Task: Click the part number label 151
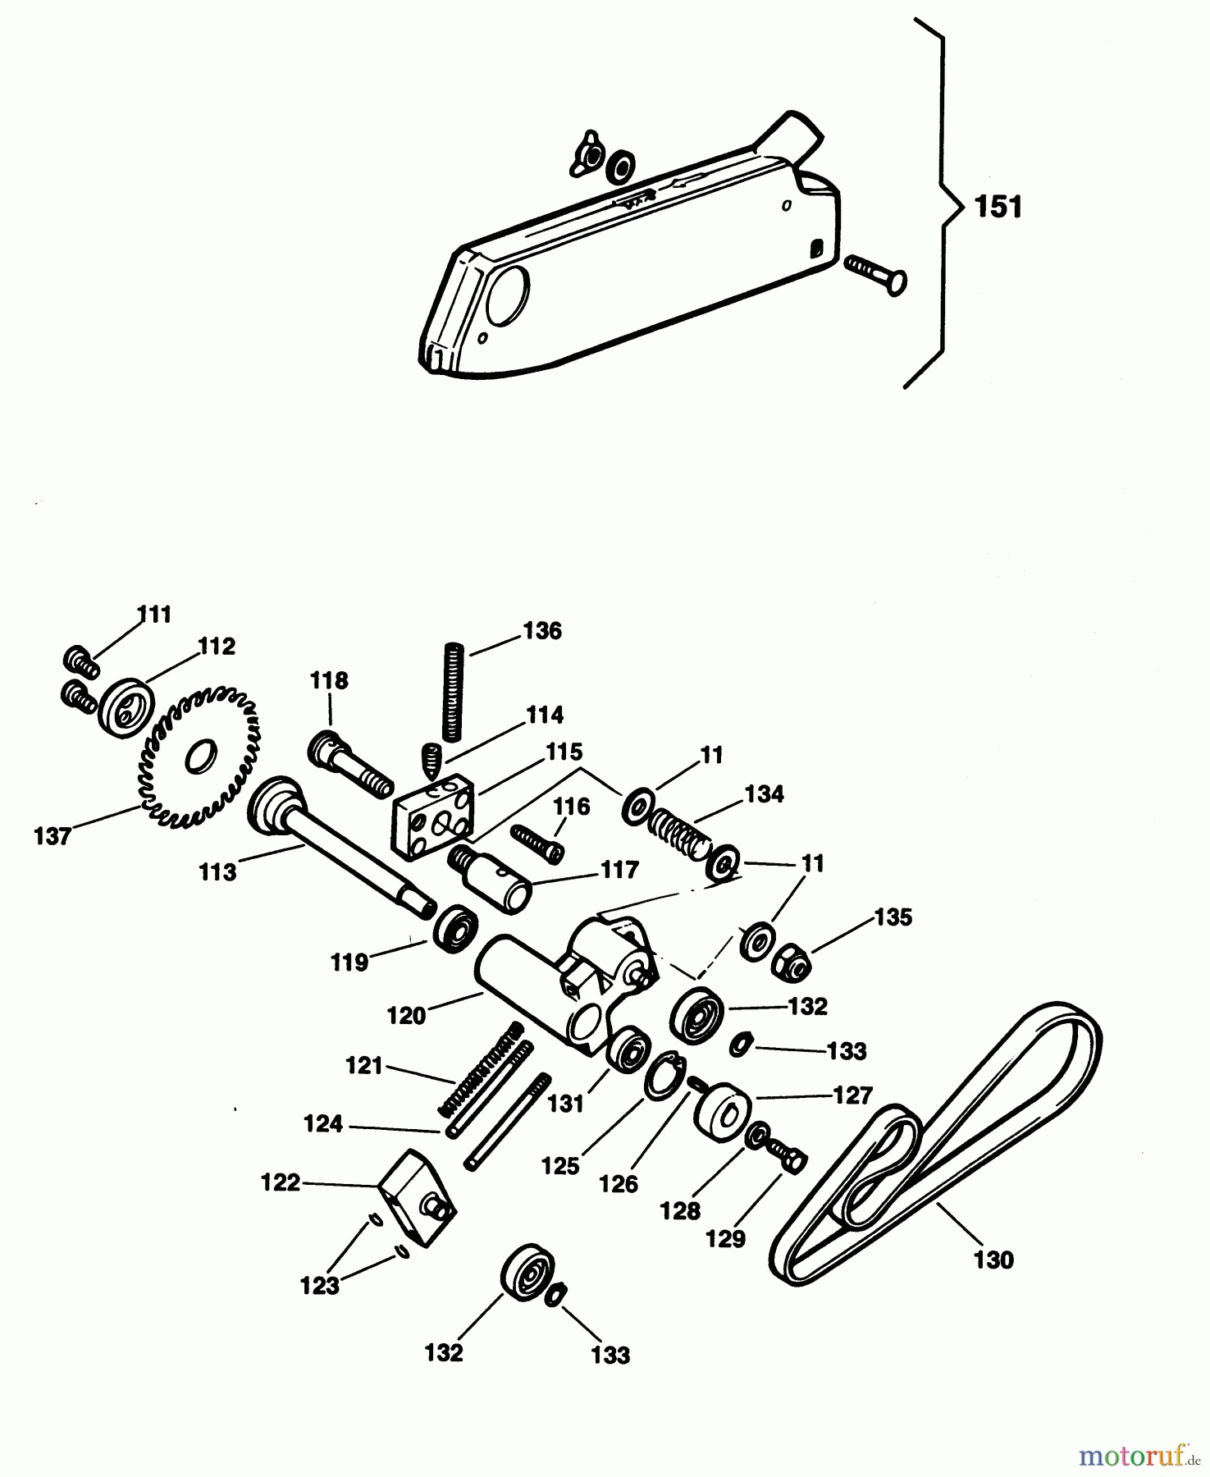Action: point(998,207)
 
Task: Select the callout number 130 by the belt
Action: point(993,1259)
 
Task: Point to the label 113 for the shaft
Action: point(217,871)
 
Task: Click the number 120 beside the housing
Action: point(406,1015)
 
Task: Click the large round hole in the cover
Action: point(508,294)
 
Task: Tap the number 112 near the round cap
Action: point(217,646)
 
